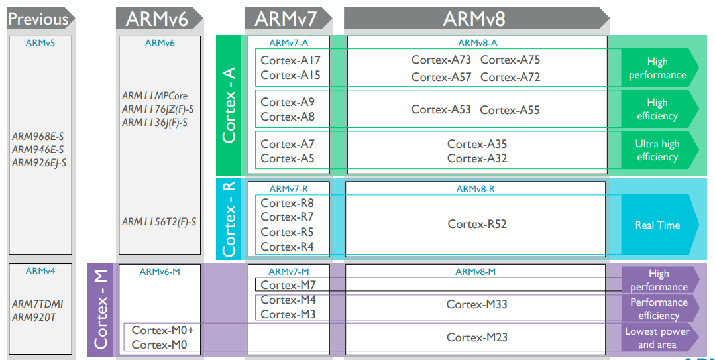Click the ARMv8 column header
coord(476,19)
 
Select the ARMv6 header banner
coord(159,19)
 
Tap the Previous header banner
coord(40,19)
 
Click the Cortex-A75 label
coord(510,60)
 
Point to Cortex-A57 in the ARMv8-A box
coord(441,77)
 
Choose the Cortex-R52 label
coord(477,224)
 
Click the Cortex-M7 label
coord(288,285)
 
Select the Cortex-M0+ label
coord(163,330)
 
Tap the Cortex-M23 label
coord(476,337)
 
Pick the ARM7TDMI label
coord(37,304)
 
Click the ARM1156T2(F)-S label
coord(159,221)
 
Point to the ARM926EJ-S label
coord(39,163)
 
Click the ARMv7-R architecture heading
coord(289,189)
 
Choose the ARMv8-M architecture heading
coord(475,272)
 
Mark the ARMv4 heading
coord(40,271)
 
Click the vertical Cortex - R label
coord(229,219)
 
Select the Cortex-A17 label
coord(290,60)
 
